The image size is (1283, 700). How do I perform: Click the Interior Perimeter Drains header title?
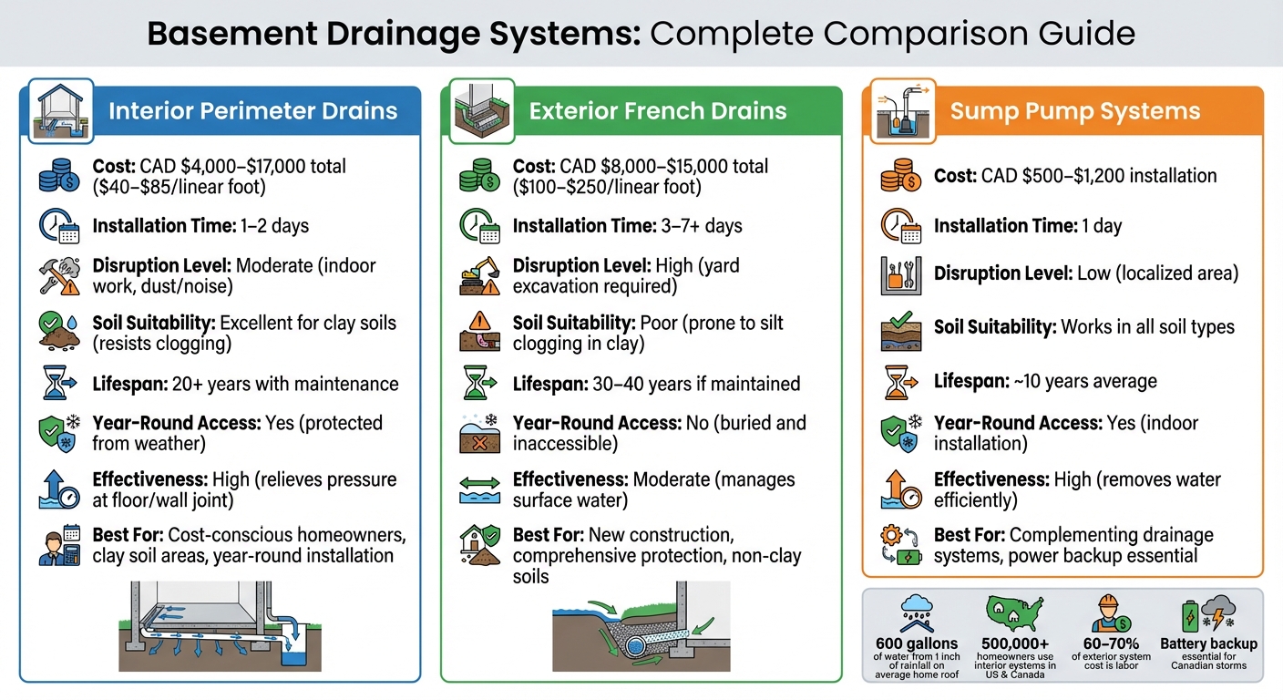click(x=252, y=111)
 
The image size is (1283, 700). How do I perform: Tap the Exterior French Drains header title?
click(x=657, y=111)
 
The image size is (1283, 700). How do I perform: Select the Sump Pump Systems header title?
click(x=1074, y=111)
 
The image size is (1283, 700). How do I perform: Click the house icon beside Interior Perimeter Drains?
click(x=60, y=110)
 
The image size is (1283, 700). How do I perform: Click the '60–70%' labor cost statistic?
click(x=1112, y=643)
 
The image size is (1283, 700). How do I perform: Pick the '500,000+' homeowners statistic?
click(x=1016, y=643)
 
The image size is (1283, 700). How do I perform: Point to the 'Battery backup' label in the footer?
click(x=1208, y=643)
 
